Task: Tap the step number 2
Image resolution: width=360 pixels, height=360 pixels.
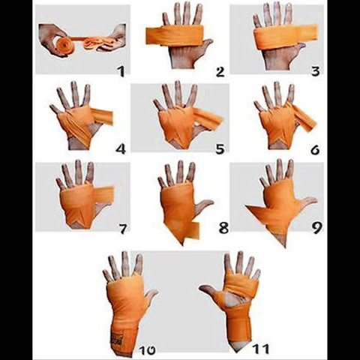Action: click(x=220, y=72)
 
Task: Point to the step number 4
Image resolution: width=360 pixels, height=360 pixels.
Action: click(x=120, y=148)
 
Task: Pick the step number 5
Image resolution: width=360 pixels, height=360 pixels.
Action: click(x=219, y=148)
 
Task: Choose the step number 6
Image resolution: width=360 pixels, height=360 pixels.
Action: click(x=314, y=148)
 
